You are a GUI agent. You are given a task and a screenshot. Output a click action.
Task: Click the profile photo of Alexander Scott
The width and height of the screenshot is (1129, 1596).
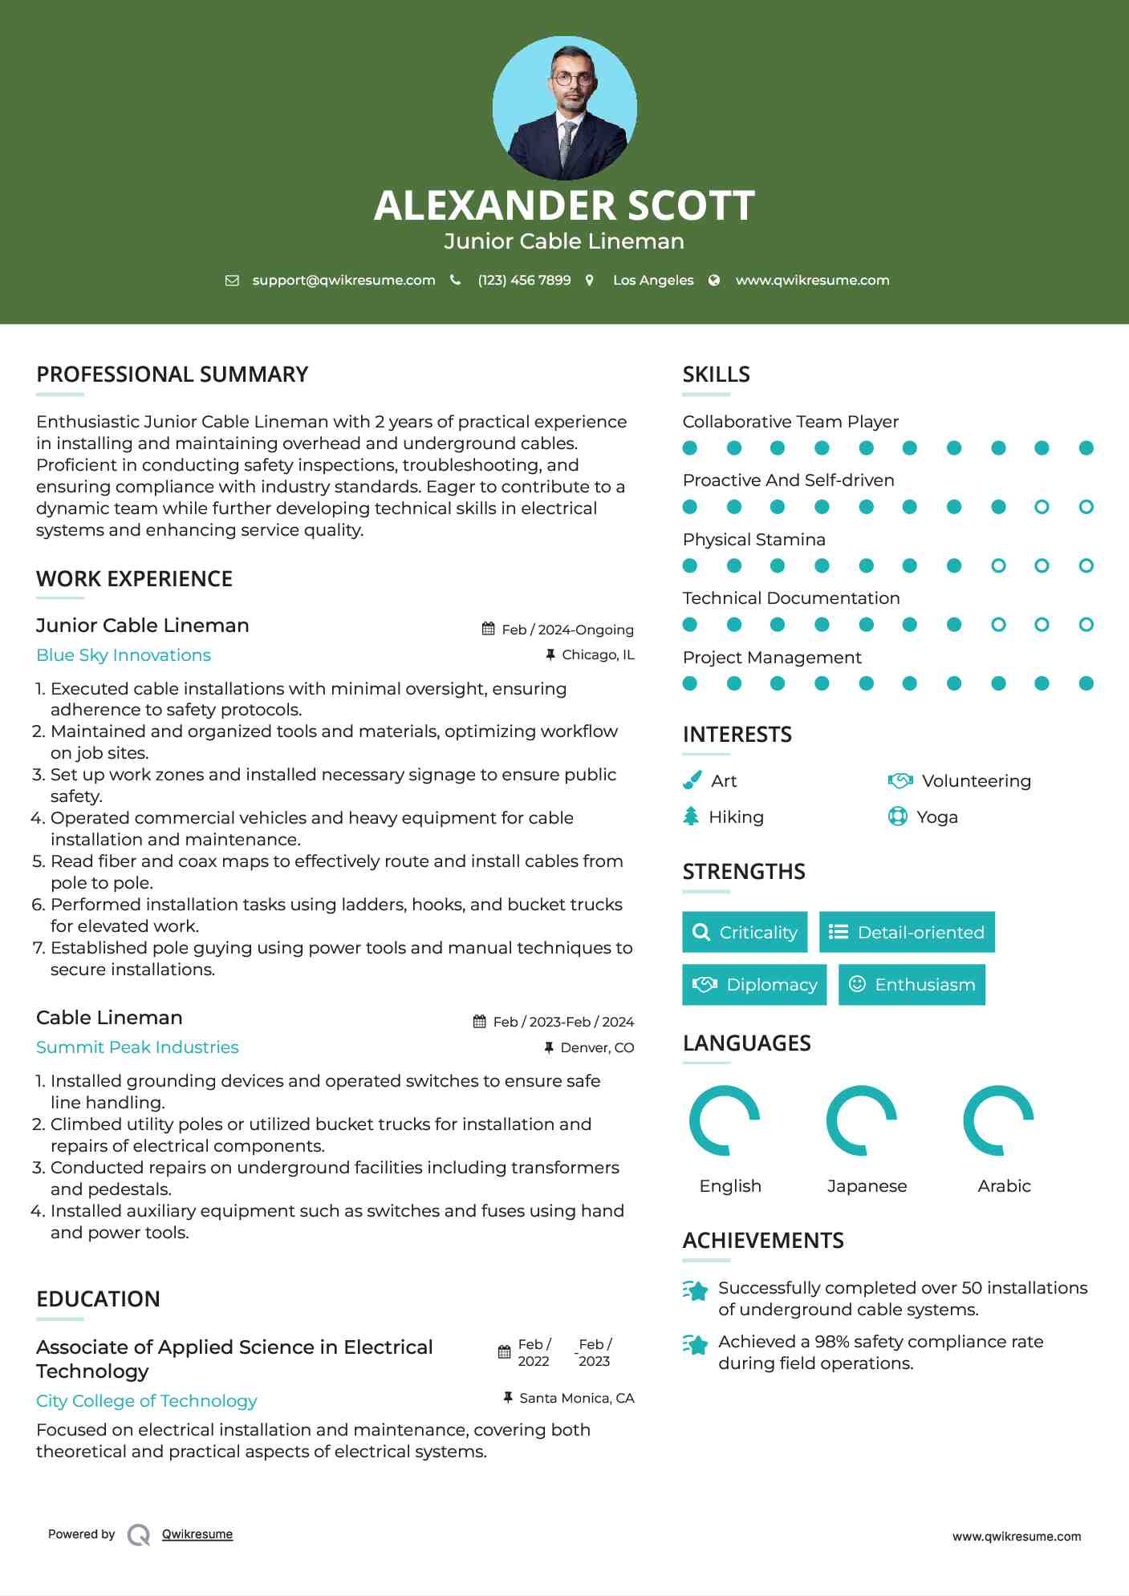pos(564,107)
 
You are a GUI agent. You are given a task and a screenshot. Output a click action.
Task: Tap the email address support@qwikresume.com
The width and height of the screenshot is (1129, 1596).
pos(343,280)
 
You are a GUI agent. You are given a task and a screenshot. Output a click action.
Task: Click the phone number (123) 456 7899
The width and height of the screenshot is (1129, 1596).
pos(524,280)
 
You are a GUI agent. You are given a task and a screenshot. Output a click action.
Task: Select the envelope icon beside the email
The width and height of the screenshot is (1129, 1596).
pos(232,280)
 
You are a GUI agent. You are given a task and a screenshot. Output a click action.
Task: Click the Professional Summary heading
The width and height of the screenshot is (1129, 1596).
pos(172,375)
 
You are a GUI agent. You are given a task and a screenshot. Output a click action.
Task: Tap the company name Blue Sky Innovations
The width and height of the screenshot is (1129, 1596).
pos(124,655)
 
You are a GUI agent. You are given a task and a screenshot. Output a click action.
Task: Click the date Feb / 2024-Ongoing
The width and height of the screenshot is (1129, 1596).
pos(567,630)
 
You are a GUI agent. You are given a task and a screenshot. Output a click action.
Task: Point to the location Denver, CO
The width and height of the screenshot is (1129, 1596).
pos(597,1047)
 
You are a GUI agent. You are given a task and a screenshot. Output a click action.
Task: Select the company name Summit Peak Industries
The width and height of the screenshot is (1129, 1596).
pos(137,1047)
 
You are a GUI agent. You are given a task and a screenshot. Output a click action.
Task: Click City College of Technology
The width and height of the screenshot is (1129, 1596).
pos(146,1401)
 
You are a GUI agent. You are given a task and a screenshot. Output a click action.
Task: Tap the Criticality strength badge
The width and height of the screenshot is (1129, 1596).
pos(745,932)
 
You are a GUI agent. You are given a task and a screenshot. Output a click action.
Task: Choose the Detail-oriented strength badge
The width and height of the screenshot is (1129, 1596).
pos(907,932)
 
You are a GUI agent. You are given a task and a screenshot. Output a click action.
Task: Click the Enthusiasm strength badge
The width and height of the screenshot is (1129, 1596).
pos(912,984)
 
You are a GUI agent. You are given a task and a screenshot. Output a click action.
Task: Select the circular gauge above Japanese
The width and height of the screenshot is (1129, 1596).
pos(862,1120)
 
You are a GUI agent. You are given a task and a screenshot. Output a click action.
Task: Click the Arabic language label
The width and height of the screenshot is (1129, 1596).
pos(1004,1186)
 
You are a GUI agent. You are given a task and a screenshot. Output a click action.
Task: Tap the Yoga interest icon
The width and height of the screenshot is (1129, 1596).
pos(898,816)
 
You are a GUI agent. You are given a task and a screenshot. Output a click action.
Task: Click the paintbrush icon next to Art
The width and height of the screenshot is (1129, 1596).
pos(692,780)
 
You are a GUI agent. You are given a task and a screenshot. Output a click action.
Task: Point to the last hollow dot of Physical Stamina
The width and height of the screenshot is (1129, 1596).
pos(1086,565)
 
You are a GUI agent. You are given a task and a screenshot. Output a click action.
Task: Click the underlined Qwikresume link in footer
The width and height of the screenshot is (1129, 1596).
pos(197,1534)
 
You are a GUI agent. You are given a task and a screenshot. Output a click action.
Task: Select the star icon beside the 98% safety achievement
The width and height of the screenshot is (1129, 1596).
pos(696,1344)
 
